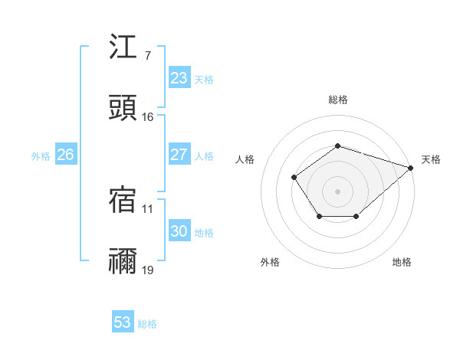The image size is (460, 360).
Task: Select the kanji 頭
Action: pyautogui.click(x=123, y=108)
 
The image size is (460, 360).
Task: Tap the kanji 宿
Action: pyautogui.click(x=123, y=200)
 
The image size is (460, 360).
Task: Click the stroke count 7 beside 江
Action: pyautogui.click(x=147, y=56)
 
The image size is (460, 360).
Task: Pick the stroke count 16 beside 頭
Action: pyautogui.click(x=147, y=117)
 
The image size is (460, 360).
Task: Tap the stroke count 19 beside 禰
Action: pyautogui.click(x=147, y=270)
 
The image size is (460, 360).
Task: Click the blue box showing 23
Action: pyautogui.click(x=179, y=78)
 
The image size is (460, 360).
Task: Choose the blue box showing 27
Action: pyautogui.click(x=179, y=155)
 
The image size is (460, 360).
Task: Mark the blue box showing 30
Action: pyautogui.click(x=179, y=231)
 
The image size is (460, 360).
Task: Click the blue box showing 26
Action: pyautogui.click(x=65, y=155)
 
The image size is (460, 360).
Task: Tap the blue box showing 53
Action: pyautogui.click(x=123, y=322)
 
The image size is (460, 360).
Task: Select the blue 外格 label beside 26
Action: pyautogui.click(x=41, y=156)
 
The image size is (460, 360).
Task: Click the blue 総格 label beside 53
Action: pyautogui.click(x=147, y=324)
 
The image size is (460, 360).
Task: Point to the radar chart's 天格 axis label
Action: pyautogui.click(x=431, y=159)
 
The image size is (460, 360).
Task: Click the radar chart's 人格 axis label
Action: pyautogui.click(x=245, y=159)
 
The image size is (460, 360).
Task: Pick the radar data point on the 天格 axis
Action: pyautogui.click(x=411, y=167)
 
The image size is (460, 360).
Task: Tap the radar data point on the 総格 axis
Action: pyautogui.click(x=337, y=146)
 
